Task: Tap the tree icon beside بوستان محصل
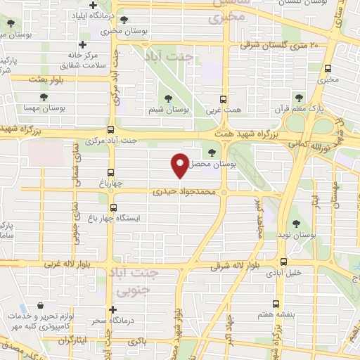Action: coord(212,152)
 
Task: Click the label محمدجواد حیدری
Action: coord(182,191)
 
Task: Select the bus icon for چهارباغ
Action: coord(110,172)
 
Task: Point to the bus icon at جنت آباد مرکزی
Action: coord(110,129)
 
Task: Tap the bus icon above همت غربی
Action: coord(224,99)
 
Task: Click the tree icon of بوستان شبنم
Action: coord(167,99)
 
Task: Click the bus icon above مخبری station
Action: coord(328,68)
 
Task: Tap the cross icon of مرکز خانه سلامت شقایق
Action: coord(82,44)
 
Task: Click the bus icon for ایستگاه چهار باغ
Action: coord(110,207)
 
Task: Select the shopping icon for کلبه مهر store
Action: coord(41,307)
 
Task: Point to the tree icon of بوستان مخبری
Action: coord(124,20)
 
